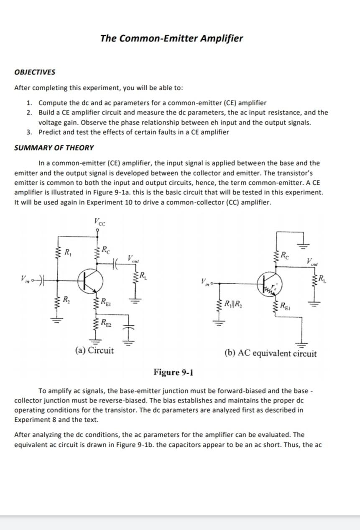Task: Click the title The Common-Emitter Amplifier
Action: pyautogui.click(x=171, y=38)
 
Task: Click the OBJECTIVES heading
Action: pyautogui.click(x=35, y=72)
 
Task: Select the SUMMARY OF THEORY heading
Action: pyautogui.click(x=54, y=148)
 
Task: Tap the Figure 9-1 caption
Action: pyautogui.click(x=173, y=372)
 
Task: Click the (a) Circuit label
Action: pyautogui.click(x=94, y=350)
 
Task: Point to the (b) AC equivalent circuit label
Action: pyautogui.click(x=271, y=354)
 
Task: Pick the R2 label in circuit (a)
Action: pyautogui.click(x=66, y=299)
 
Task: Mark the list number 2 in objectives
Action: pyautogui.click(x=29, y=112)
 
